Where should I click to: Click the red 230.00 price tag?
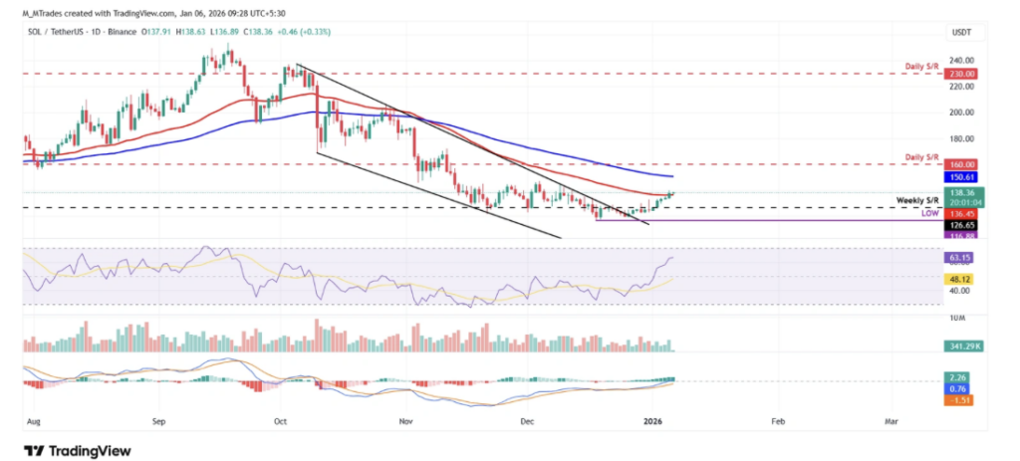click(963, 73)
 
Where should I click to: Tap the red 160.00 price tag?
click(963, 163)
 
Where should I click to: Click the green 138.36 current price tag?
click(963, 192)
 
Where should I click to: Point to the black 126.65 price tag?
click(963, 224)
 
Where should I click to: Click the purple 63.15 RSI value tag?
click(961, 257)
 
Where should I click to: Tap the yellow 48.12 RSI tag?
click(961, 279)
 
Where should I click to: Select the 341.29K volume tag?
click(965, 346)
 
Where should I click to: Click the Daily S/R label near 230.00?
click(922, 66)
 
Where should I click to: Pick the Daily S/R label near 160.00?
click(922, 156)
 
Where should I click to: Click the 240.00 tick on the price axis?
click(962, 60)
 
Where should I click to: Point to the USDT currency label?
click(961, 33)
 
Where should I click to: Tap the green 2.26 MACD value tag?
click(961, 378)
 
